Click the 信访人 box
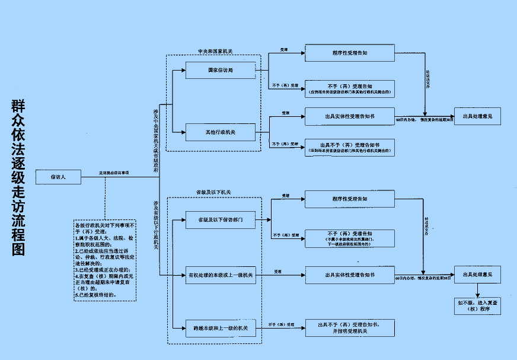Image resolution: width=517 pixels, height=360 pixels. tap(58, 176)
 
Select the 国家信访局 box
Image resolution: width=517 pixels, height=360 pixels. tap(220, 70)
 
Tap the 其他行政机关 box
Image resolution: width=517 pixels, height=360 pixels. tap(220, 132)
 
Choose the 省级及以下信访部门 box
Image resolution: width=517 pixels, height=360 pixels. tap(220, 219)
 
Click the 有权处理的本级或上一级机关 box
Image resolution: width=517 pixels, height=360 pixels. tap(220, 275)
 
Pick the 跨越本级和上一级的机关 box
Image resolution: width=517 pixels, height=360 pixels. tap(220, 328)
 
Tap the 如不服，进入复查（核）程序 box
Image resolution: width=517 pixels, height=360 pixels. tap(477, 305)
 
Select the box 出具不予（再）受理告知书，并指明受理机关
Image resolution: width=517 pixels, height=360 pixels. tap(350, 328)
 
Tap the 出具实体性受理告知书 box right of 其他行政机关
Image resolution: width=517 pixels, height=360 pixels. tap(350, 116)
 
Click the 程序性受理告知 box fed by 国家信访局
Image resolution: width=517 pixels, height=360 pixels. tap(350, 53)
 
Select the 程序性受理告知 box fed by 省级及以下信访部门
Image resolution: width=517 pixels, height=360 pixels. tap(350, 199)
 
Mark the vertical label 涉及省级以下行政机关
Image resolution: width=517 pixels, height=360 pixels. tap(157, 225)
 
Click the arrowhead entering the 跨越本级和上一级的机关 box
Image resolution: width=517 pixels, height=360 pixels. tap(183, 328)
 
